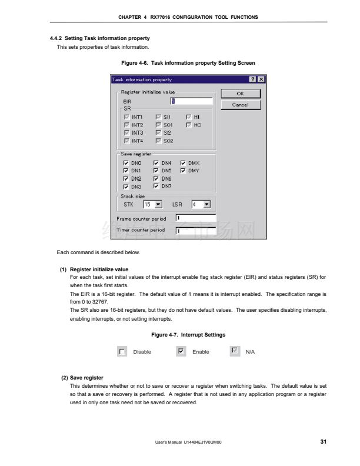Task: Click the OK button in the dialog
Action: (x=240, y=94)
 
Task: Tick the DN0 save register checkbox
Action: (x=126, y=163)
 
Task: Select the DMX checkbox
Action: (x=183, y=163)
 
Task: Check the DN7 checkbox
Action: (x=156, y=186)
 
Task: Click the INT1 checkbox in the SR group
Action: (x=126, y=117)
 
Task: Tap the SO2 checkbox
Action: (x=158, y=141)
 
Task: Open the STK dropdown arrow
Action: (x=158, y=205)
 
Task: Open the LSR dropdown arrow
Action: (x=206, y=205)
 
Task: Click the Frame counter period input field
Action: (x=196, y=218)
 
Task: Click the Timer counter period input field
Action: (x=196, y=230)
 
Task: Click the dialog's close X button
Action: (x=261, y=79)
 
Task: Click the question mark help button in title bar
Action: (x=252, y=79)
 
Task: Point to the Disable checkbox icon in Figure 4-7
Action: (x=122, y=352)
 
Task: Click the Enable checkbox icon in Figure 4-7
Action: (x=181, y=352)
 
